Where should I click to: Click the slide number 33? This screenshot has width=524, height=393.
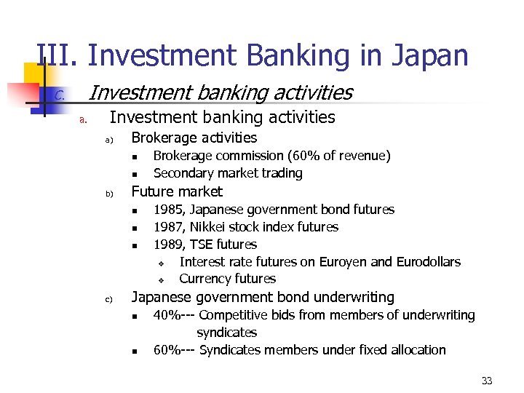[487, 381]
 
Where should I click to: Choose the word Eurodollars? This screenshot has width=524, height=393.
[426, 261]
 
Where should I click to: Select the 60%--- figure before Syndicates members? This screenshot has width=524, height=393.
[174, 350]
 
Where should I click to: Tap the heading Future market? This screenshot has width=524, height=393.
[176, 191]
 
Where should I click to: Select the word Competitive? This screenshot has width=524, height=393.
[233, 315]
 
